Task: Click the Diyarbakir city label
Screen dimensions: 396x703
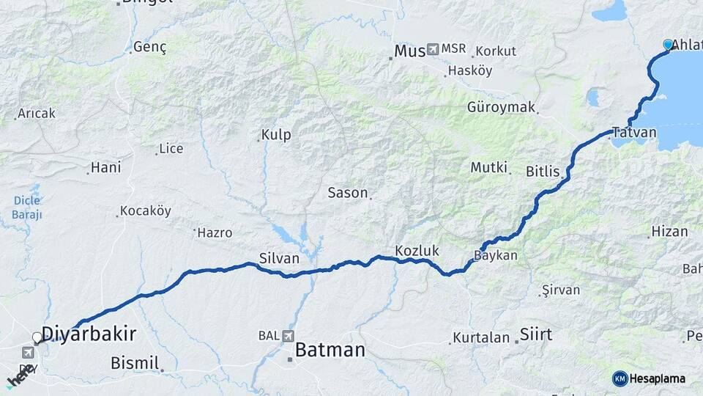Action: click(89, 334)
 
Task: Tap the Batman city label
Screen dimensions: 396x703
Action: click(330, 351)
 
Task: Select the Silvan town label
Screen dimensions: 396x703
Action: click(279, 258)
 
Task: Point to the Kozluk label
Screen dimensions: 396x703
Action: click(417, 251)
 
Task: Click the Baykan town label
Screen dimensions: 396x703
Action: click(496, 256)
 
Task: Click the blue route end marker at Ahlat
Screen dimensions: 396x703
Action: click(668, 45)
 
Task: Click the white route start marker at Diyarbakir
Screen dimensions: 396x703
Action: click(37, 337)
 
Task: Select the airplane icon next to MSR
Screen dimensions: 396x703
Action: click(432, 49)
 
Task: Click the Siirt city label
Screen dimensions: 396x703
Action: click(535, 335)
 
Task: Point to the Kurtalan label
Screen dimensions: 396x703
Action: click(480, 338)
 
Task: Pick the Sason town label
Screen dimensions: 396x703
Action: click(347, 193)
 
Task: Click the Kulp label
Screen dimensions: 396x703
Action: click(276, 135)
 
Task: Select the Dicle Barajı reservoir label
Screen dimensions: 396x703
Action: click(26, 208)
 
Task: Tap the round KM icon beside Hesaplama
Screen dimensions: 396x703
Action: click(620, 378)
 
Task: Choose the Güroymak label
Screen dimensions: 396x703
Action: click(501, 107)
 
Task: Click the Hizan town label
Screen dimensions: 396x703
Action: click(669, 232)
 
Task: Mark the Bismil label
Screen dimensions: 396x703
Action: click(135, 362)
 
